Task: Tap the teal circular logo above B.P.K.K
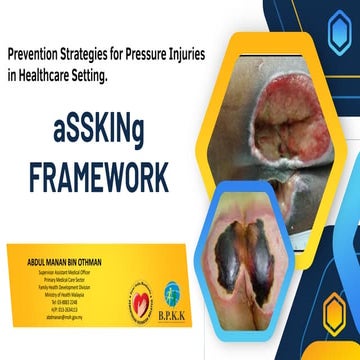click(x=172, y=292)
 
